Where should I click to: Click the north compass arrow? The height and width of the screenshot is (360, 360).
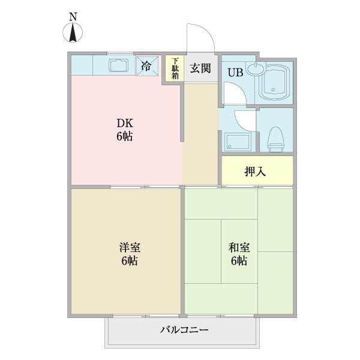(73, 32)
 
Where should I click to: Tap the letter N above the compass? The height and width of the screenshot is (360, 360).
(73, 17)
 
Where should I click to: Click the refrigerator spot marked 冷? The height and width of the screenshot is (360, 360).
(146, 65)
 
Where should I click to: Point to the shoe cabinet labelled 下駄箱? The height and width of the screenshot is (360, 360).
(175, 68)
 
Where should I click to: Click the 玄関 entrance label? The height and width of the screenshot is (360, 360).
(200, 68)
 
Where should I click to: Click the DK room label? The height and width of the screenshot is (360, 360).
(124, 123)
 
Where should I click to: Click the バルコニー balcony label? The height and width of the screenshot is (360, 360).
(184, 330)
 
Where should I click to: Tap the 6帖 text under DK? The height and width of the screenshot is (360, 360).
(124, 136)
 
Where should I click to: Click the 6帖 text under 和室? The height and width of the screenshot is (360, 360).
(238, 261)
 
